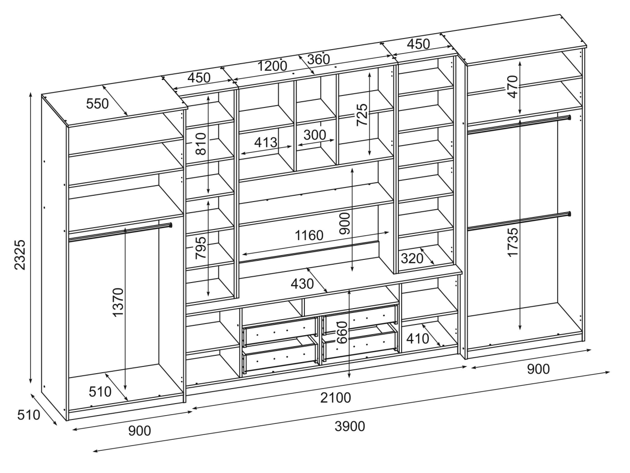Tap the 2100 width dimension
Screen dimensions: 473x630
pos(336,398)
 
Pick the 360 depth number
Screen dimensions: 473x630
pos(318,59)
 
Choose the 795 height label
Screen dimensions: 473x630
pos(201,247)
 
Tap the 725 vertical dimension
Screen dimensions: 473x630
pos(362,115)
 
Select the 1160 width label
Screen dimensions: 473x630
pos(309,236)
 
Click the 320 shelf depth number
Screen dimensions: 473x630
pos(412,258)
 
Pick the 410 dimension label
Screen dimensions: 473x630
pos(418,338)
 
